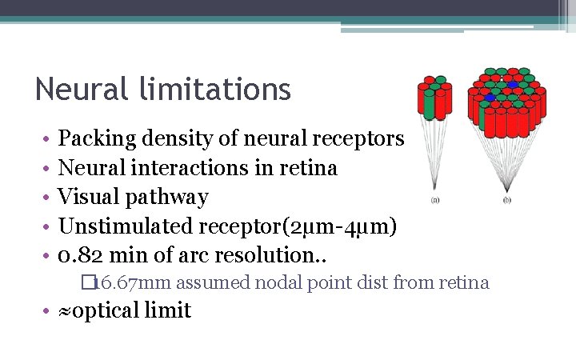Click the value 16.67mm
click(x=134, y=282)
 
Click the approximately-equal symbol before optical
click(x=65, y=310)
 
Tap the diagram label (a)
click(x=435, y=199)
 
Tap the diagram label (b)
click(x=507, y=199)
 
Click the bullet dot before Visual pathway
click(x=49, y=198)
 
